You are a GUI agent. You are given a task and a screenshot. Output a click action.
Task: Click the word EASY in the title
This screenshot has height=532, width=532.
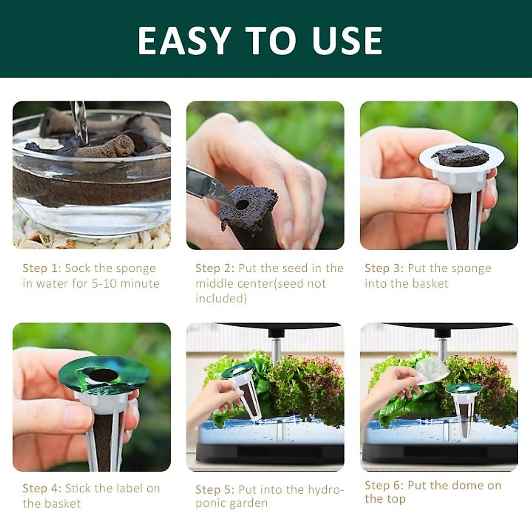184,41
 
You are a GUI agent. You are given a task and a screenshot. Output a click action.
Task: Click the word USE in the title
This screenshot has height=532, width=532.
347,41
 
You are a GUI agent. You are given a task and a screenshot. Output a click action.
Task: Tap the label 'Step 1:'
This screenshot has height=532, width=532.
42,269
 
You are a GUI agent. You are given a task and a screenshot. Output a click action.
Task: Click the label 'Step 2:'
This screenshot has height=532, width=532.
215,269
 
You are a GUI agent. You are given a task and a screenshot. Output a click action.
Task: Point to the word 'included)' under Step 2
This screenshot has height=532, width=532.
221,298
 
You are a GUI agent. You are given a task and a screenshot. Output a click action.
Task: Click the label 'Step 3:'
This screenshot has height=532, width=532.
384,269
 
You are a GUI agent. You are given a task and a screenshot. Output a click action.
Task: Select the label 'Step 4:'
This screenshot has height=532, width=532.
42,489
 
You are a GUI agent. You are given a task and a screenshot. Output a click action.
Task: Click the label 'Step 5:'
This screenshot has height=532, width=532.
215,490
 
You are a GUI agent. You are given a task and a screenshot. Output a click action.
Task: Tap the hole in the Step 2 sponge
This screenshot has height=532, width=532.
242,205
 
